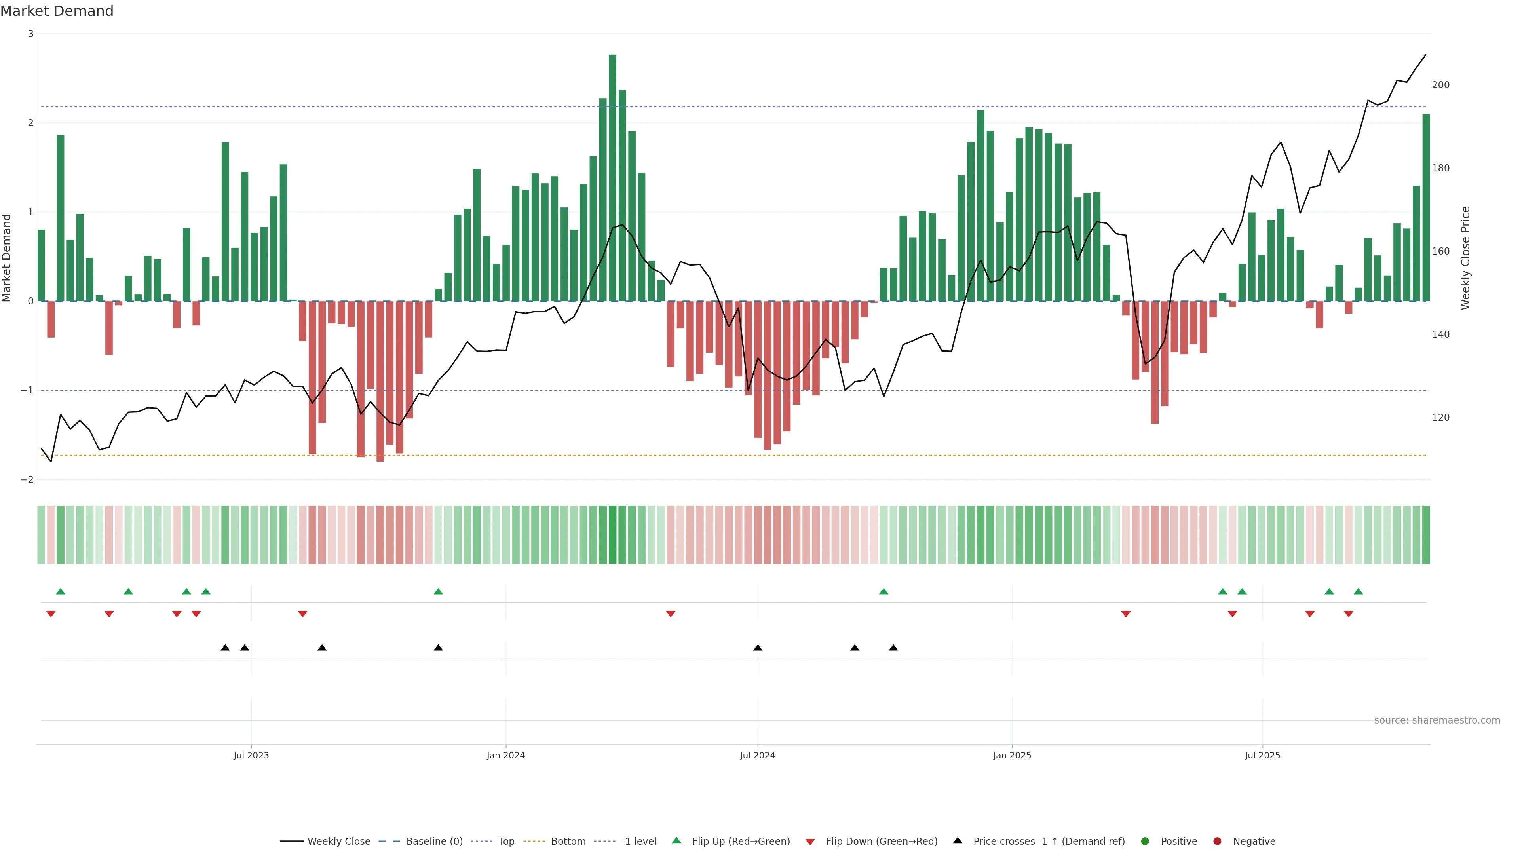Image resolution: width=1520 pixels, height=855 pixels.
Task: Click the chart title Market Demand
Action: [x=57, y=11]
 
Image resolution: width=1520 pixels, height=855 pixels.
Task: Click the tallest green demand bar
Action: [x=612, y=177]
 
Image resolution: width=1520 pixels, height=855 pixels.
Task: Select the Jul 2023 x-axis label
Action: [x=251, y=755]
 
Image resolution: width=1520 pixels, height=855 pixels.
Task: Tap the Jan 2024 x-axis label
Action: [x=506, y=755]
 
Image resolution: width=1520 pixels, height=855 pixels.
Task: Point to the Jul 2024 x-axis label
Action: [x=758, y=755]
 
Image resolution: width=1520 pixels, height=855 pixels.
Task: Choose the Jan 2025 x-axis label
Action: [x=1012, y=755]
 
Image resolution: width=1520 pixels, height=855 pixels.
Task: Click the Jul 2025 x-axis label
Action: [x=1262, y=755]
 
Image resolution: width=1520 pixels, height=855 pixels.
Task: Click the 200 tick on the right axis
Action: [x=1440, y=85]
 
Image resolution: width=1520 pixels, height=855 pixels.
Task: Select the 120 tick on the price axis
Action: [x=1440, y=418]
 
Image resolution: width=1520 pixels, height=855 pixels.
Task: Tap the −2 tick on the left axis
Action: [x=27, y=480]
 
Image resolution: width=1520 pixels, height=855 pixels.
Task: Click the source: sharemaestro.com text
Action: [x=1437, y=720]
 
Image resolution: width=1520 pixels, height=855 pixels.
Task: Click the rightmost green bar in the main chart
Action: [x=1425, y=207]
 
